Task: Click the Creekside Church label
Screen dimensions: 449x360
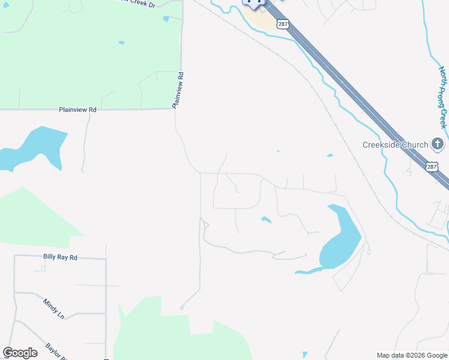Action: point(395,145)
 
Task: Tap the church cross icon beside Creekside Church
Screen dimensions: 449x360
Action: point(438,144)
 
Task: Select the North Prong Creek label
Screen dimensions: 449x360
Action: point(443,97)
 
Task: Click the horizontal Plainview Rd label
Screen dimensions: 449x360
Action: point(77,110)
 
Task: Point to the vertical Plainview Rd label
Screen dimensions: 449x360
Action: point(178,91)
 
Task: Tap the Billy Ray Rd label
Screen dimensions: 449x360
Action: point(60,257)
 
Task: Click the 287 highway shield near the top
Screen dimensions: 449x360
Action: point(283,24)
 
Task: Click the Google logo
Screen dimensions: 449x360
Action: point(20,353)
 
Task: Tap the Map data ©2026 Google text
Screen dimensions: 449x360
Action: point(411,355)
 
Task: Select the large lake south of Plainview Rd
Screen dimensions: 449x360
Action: point(33,150)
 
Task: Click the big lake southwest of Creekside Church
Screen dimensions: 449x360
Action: point(339,240)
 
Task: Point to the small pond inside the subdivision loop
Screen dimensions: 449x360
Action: point(266,220)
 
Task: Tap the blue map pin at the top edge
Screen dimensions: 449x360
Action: point(254,4)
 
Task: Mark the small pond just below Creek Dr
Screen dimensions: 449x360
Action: point(166,19)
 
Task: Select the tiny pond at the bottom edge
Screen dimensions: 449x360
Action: point(305,355)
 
